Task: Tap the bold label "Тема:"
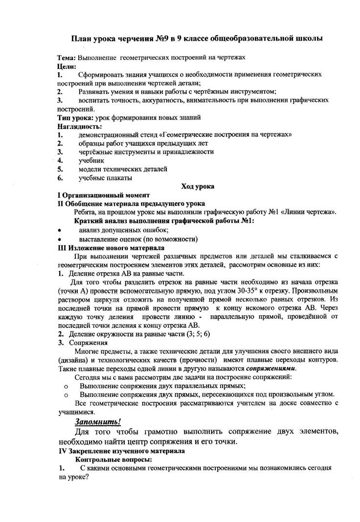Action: click(67, 57)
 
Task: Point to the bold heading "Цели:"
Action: click(67, 66)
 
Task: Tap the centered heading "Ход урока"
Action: click(198, 186)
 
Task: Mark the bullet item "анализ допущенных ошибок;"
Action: click(124, 230)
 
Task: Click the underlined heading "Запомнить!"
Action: click(98, 421)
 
